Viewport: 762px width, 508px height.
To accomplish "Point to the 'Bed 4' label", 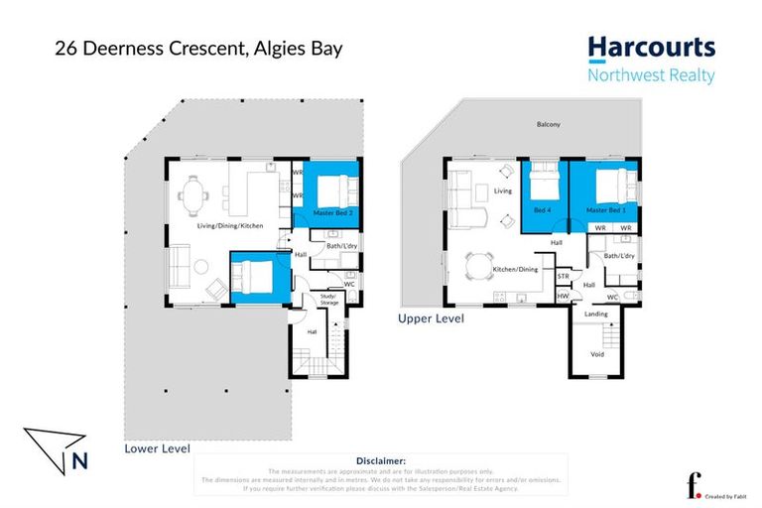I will [541, 210].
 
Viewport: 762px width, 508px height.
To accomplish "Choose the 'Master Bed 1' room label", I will [605, 210].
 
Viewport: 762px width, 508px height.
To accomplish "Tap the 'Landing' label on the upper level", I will [596, 314].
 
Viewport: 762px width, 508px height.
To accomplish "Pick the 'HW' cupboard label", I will [563, 296].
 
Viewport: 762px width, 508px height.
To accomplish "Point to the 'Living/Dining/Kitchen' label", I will [229, 226].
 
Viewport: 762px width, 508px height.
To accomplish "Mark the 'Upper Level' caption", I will [430, 319].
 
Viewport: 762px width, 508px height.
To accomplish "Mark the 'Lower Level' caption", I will [157, 448].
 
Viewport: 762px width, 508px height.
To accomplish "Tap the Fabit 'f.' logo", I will [694, 484].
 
